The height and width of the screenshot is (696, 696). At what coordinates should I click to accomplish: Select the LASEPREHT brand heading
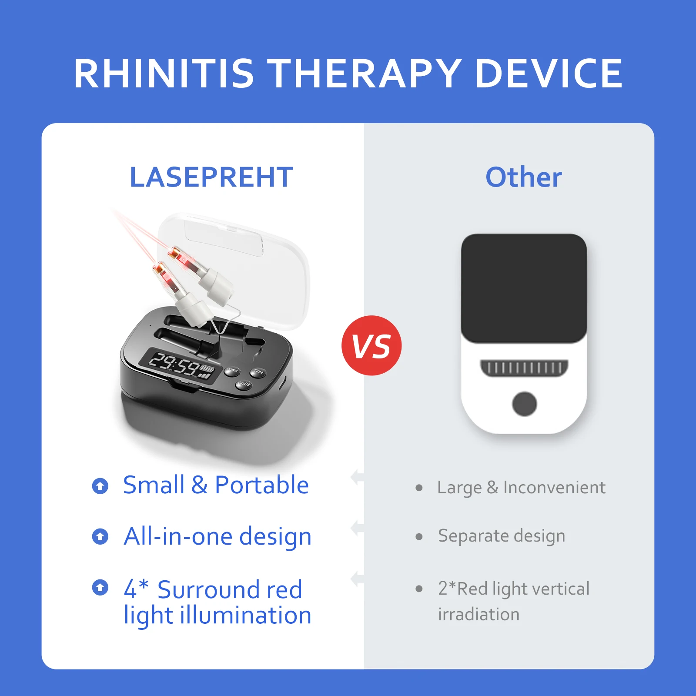pyautogui.click(x=211, y=177)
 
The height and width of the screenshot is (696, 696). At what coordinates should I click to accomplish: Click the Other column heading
pyautogui.click(x=524, y=177)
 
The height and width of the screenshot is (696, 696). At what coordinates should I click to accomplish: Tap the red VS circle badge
pyautogui.click(x=371, y=345)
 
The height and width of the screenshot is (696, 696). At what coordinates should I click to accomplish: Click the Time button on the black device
pyautogui.click(x=258, y=372)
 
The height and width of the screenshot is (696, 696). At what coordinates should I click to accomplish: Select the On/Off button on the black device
pyautogui.click(x=244, y=385)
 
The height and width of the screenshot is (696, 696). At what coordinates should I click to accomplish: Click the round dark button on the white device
pyautogui.click(x=524, y=404)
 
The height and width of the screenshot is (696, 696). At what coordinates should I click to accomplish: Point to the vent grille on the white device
pyautogui.click(x=524, y=368)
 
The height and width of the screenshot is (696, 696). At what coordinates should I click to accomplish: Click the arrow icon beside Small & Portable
pyautogui.click(x=100, y=486)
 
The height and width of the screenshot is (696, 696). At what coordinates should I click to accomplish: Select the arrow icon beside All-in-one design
pyautogui.click(x=100, y=536)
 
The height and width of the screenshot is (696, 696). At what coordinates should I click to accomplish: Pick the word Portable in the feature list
pyautogui.click(x=262, y=485)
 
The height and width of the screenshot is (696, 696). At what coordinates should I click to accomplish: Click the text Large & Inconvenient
pyautogui.click(x=521, y=488)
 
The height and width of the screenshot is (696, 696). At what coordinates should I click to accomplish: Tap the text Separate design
pyautogui.click(x=502, y=536)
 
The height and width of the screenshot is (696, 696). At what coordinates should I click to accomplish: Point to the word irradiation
pyautogui.click(x=479, y=614)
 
